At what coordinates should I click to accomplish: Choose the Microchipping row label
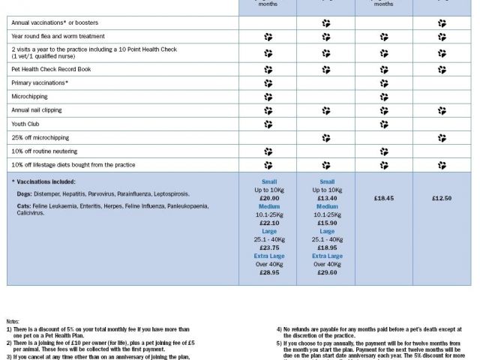[x=28, y=97]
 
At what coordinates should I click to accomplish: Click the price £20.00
[x=268, y=198]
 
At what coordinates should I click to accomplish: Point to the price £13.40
[x=325, y=198]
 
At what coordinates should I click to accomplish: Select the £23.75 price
[x=268, y=247]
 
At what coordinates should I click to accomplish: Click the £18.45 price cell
[x=383, y=198]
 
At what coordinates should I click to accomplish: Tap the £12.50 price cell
[x=442, y=198]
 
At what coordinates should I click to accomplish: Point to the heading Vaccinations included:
[x=46, y=181]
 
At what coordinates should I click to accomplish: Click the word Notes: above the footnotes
[x=14, y=322]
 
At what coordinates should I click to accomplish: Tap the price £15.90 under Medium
[x=325, y=223]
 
